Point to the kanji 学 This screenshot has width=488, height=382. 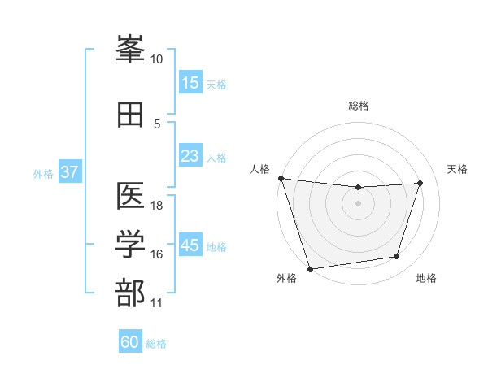coord(131,244)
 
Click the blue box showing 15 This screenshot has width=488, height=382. coord(190,83)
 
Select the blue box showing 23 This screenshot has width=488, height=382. coord(190,156)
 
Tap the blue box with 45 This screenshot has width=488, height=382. coord(190,245)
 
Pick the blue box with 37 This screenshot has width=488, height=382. coord(69,172)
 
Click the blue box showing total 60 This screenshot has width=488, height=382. coord(130,342)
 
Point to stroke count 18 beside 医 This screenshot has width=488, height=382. coord(158,206)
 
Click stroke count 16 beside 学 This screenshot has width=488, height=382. coord(158,254)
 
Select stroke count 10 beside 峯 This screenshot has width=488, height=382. coord(157,59)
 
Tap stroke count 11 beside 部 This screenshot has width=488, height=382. coord(157,303)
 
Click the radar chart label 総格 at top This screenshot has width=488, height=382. coord(359,106)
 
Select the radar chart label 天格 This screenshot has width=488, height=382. coord(457,169)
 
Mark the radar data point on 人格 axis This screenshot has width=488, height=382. coord(281,178)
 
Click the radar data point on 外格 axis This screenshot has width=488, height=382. coord(310,268)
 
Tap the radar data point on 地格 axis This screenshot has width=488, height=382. coord(397,257)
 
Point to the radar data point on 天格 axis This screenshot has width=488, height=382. coord(420,183)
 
